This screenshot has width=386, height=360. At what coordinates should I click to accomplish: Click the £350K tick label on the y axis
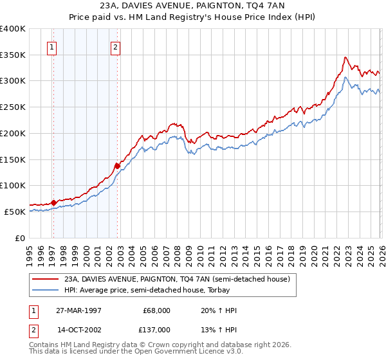[12, 55]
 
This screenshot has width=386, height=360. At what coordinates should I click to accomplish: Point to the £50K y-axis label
[15, 212]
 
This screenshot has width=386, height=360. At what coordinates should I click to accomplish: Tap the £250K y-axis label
[12, 107]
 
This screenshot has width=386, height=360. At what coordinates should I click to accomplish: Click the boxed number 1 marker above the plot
[51, 46]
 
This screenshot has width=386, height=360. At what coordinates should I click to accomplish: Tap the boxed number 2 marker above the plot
[115, 46]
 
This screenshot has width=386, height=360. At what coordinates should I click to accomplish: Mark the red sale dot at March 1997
[53, 203]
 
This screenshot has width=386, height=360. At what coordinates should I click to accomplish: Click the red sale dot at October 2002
[117, 166]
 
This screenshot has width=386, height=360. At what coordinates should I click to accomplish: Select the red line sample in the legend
[46, 279]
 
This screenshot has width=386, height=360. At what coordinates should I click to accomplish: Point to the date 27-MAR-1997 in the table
[78, 310]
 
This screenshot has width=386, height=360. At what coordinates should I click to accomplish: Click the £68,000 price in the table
[156, 310]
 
